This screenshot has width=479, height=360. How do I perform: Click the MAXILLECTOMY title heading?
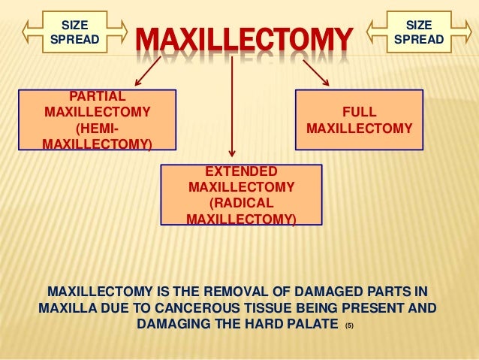(x=243, y=38)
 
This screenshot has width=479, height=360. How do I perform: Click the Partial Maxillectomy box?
(x=97, y=119)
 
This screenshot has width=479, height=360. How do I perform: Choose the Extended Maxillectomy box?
(x=241, y=195)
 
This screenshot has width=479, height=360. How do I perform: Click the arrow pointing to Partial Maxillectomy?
(x=149, y=72)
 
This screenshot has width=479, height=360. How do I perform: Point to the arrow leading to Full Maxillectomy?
(x=316, y=72)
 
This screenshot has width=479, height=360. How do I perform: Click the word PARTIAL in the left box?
(x=98, y=96)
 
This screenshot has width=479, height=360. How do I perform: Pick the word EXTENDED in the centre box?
(x=241, y=171)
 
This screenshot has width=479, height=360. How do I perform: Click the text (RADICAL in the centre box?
(x=241, y=204)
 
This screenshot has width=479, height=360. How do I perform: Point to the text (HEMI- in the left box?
(x=98, y=129)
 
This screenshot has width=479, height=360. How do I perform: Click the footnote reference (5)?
(x=348, y=327)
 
